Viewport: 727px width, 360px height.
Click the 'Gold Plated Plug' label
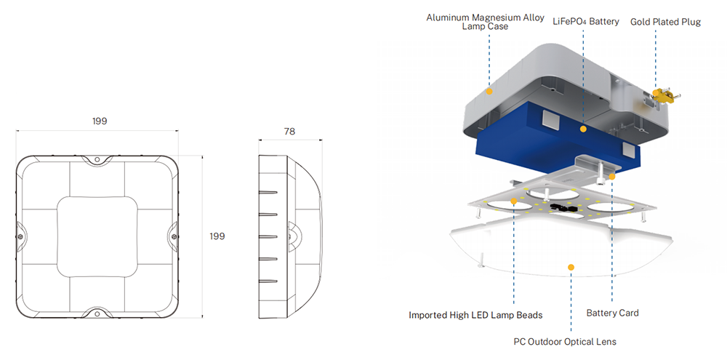tap(665, 22)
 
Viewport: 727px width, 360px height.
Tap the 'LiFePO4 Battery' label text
tap(585, 22)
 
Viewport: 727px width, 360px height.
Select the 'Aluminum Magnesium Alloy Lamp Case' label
tap(485, 22)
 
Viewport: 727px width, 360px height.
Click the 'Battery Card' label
tap(612, 313)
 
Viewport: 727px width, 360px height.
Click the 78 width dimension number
tap(289, 132)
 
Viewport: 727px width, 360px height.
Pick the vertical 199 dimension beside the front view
tap(217, 236)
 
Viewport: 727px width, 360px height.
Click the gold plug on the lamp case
tap(662, 95)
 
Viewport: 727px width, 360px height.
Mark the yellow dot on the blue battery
tap(582, 129)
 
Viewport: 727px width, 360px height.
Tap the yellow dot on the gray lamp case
tap(489, 92)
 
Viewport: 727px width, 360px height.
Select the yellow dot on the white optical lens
tap(571, 268)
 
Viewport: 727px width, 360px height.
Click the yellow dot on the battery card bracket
tap(612, 176)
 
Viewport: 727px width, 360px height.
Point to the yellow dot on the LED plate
tap(515, 201)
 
